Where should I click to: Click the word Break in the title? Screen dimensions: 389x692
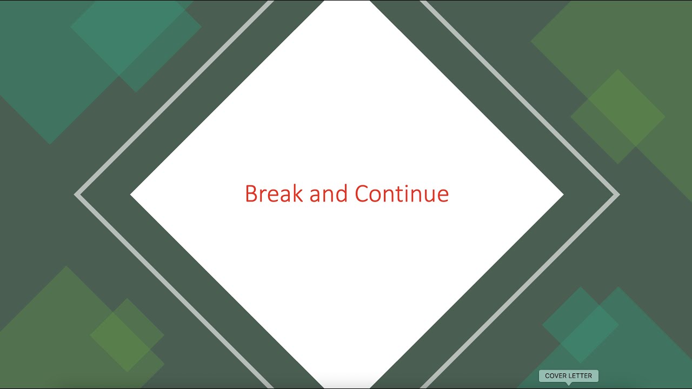[x=274, y=194]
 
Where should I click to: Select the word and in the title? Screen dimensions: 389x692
[x=329, y=194]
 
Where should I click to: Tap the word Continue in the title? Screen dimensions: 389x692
[x=402, y=194]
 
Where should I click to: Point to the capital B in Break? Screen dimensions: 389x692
[x=251, y=194]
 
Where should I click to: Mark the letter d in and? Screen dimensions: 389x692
[x=342, y=194]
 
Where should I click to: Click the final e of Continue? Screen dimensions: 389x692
[x=443, y=196]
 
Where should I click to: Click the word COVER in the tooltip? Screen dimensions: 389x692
[x=556, y=376]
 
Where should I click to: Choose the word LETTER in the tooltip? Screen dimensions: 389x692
[x=581, y=376]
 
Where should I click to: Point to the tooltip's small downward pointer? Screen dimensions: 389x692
[x=568, y=384]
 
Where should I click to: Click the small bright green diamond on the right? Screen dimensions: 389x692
[x=618, y=116]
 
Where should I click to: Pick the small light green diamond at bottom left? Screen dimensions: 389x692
[x=127, y=335]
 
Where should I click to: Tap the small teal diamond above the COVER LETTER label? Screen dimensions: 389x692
[x=581, y=325]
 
